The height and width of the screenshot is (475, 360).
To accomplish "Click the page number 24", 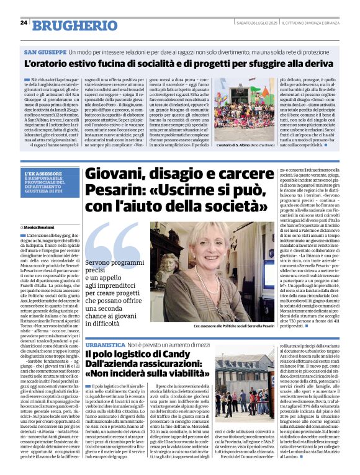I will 24,23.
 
